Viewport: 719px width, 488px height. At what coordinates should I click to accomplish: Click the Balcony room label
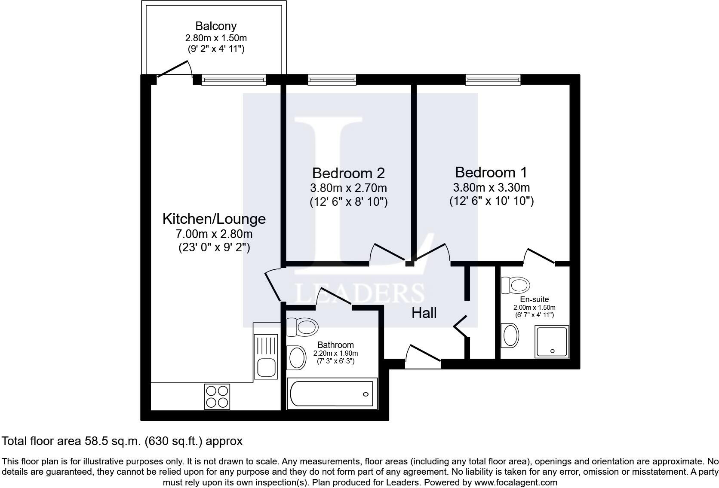pyautogui.click(x=216, y=26)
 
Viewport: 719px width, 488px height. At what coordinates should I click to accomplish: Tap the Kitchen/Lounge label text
pyautogui.click(x=214, y=219)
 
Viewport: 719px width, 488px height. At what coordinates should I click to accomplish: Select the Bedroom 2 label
pyautogui.click(x=348, y=173)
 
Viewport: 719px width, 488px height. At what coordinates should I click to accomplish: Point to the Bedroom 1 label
pyautogui.click(x=491, y=172)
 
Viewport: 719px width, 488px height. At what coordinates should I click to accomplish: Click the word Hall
pyautogui.click(x=424, y=313)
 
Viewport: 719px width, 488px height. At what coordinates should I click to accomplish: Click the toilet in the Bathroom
pyautogui.click(x=303, y=327)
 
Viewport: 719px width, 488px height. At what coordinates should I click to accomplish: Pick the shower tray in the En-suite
pyautogui.click(x=552, y=341)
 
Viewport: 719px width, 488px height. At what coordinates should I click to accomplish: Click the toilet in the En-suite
pyautogui.click(x=516, y=284)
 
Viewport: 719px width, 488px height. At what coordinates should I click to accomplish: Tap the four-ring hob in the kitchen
pyautogui.click(x=217, y=396)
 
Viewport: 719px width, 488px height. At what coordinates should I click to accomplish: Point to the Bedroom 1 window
pyautogui.click(x=493, y=79)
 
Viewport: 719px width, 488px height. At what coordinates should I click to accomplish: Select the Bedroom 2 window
pyautogui.click(x=332, y=79)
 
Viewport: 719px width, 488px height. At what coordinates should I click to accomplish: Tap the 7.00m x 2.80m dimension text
pyautogui.click(x=214, y=234)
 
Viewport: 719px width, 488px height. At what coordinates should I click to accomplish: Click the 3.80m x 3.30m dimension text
pyautogui.click(x=491, y=187)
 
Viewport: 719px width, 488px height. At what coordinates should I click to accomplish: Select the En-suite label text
pyautogui.click(x=534, y=299)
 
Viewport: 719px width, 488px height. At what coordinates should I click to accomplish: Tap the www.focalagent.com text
pyautogui.click(x=516, y=482)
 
